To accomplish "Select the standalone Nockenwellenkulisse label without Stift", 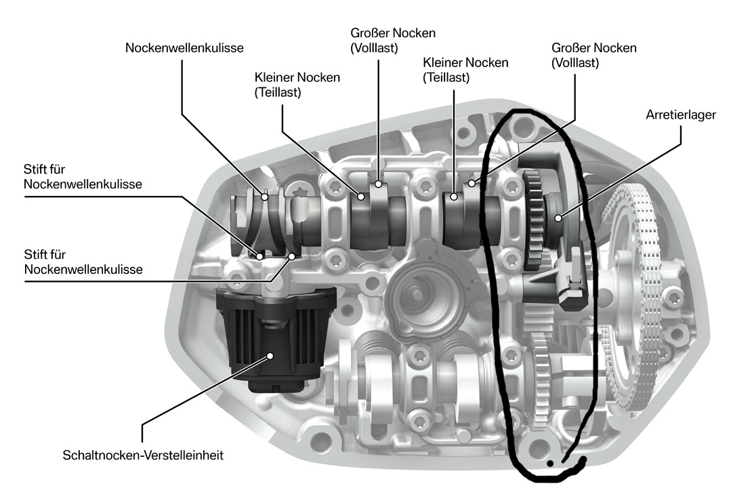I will coord(184,48).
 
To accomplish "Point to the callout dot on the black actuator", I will coord(270,354).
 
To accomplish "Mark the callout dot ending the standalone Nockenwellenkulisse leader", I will coord(266,197).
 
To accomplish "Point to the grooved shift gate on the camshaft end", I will coord(257,217).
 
